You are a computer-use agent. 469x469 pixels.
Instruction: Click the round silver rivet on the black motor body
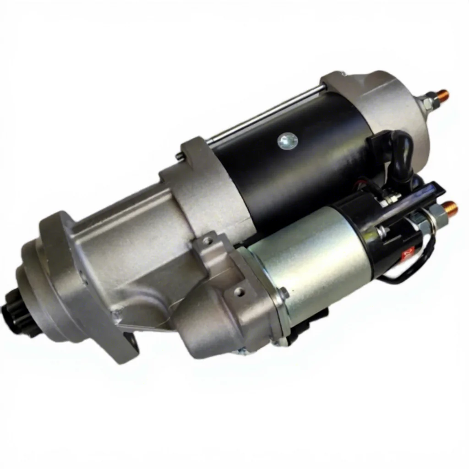[x=287, y=140]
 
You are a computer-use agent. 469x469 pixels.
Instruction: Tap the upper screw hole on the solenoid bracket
[x=208, y=240]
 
